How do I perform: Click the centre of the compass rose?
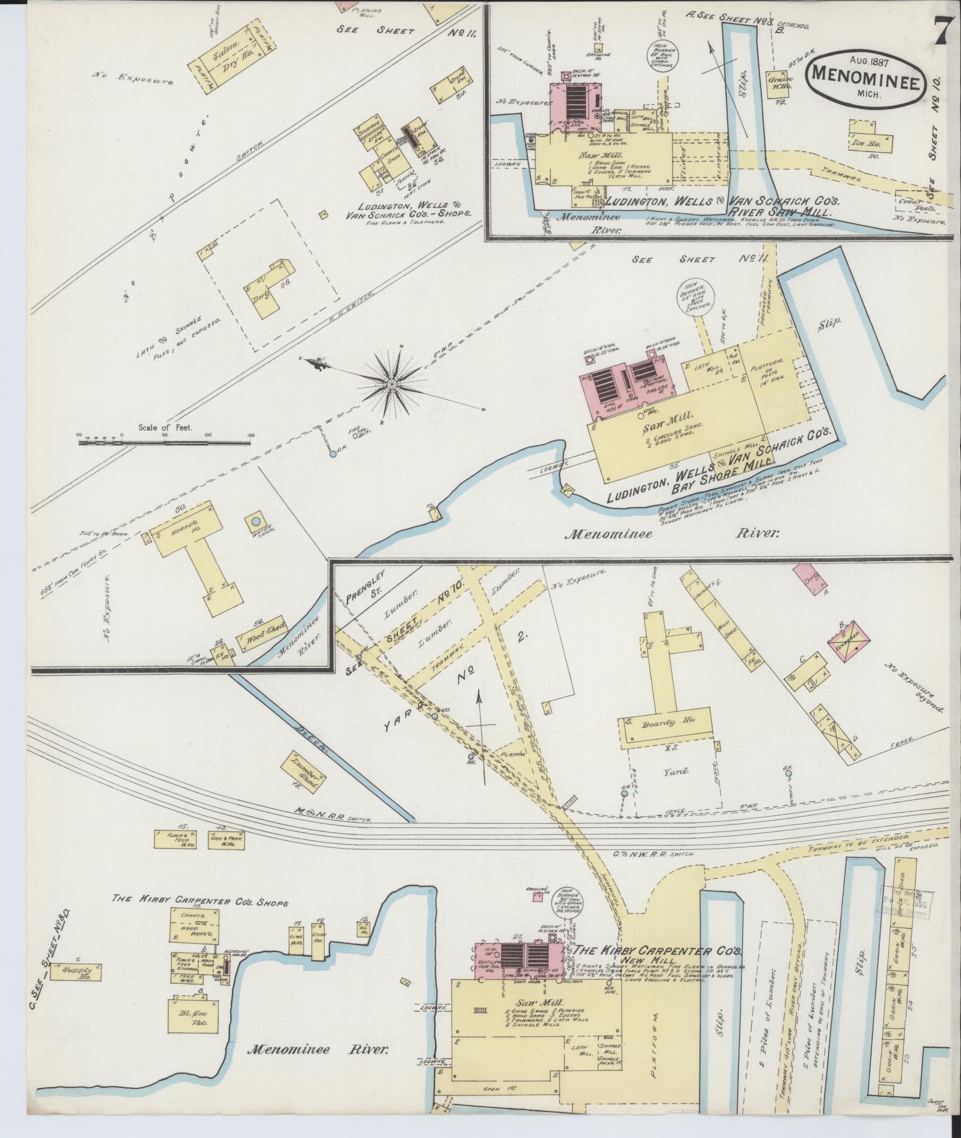point(391,384)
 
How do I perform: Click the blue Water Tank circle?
point(256,521)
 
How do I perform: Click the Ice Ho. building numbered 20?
point(871,139)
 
